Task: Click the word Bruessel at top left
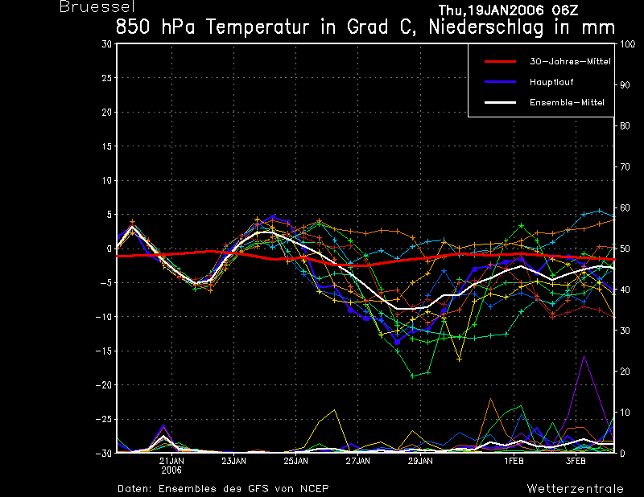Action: pyautogui.click(x=97, y=6)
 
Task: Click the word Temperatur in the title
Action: pyautogui.click(x=258, y=27)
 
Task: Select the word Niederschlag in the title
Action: pyautogui.click(x=486, y=28)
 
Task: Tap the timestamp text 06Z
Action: pyautogui.click(x=564, y=10)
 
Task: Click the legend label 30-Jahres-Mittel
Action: pyautogui.click(x=570, y=61)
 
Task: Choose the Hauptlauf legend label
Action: pyautogui.click(x=551, y=82)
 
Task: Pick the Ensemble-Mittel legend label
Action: pyautogui.click(x=567, y=102)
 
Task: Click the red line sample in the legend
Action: pyautogui.click(x=500, y=62)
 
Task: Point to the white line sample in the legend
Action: pyautogui.click(x=500, y=103)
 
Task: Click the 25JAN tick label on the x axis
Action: pyautogui.click(x=295, y=461)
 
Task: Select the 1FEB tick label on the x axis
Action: pyautogui.click(x=514, y=461)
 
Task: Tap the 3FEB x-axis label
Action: pyautogui.click(x=576, y=461)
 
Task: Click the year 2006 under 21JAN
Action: pyautogui.click(x=171, y=470)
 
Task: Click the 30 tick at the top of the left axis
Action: pyautogui.click(x=107, y=44)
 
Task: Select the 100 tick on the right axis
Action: pyautogui.click(x=627, y=44)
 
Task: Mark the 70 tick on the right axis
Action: pyautogui.click(x=625, y=166)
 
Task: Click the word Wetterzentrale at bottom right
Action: pyautogui.click(x=575, y=488)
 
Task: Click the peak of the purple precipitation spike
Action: pyautogui.click(x=584, y=355)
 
